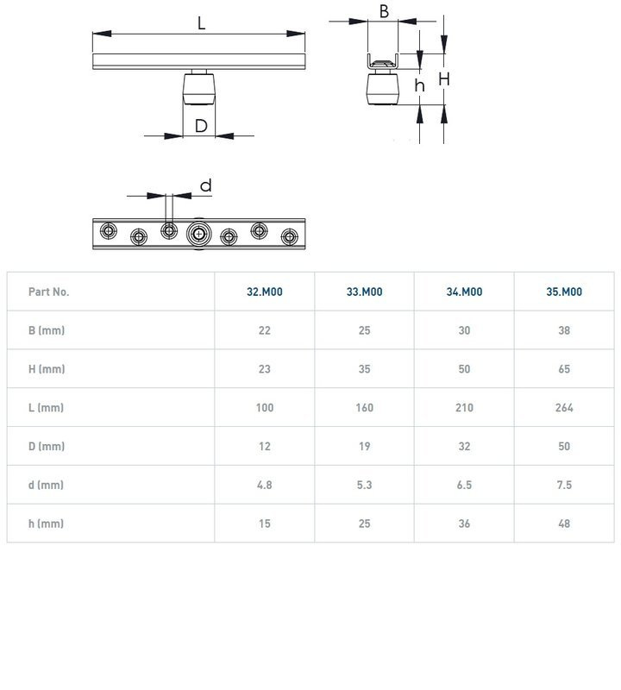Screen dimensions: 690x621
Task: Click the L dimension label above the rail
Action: coord(201,23)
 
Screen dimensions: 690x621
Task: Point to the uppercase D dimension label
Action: coord(200,127)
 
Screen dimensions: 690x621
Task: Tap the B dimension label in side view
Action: coord(384,11)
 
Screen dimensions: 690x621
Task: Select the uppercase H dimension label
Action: coord(443,78)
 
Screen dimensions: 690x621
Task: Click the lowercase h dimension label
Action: coord(419,85)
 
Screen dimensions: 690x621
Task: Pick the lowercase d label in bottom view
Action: coord(205,185)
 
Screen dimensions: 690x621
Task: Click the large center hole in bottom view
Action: coord(199,233)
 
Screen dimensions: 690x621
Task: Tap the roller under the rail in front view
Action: coord(199,89)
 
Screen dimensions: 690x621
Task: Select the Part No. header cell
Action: coord(48,292)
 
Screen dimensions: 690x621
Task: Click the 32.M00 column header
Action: coord(264,292)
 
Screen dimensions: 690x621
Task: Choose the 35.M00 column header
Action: coord(564,292)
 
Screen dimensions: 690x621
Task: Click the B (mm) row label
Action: coord(47,330)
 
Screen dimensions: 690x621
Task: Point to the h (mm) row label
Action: coord(47,524)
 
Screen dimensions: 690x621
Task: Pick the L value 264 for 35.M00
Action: coord(564,407)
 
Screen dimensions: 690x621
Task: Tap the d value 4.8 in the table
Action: coord(264,485)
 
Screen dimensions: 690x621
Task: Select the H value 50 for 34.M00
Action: coord(464,369)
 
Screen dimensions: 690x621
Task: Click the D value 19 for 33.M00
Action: coord(364,446)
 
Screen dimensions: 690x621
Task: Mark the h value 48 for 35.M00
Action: coord(564,524)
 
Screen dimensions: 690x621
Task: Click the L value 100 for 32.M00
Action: coord(264,407)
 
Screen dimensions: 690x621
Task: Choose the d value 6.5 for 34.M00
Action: coord(464,485)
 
